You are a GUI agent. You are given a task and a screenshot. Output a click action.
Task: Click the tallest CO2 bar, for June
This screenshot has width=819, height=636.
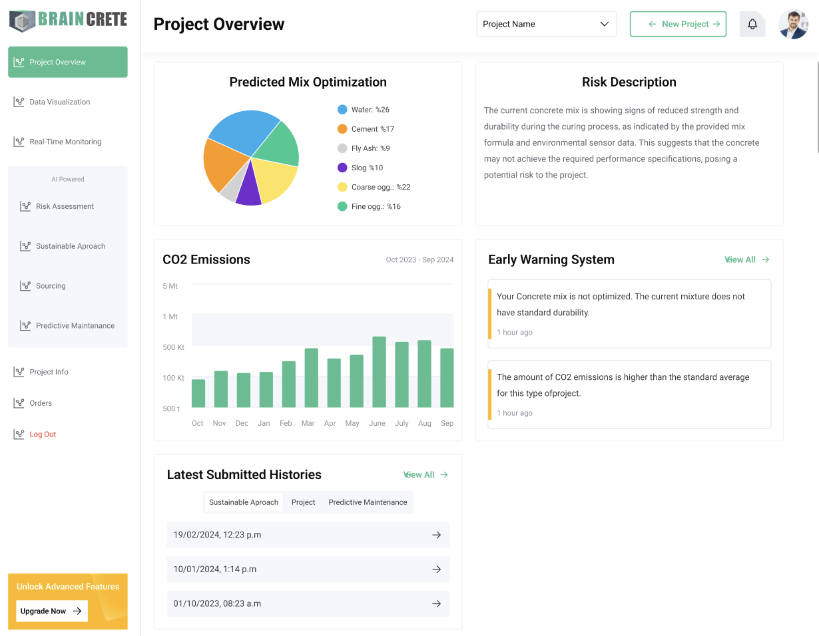(x=379, y=373)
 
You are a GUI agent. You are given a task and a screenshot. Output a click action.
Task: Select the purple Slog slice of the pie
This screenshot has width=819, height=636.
(x=248, y=187)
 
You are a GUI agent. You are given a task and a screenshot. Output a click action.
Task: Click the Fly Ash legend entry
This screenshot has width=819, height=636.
(x=370, y=148)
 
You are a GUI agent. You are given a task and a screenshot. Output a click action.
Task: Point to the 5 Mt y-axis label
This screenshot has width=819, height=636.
(x=170, y=286)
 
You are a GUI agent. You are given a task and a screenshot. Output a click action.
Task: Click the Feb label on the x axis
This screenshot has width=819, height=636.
(x=286, y=423)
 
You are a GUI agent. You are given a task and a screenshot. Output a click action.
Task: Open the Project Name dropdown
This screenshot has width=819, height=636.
(x=546, y=24)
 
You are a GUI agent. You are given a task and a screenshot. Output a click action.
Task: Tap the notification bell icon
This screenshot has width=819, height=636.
(x=752, y=24)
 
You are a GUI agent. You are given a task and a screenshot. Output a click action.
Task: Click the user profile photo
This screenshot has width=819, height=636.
(x=793, y=24)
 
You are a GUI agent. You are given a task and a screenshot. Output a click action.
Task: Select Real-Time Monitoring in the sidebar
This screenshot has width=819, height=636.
(x=65, y=142)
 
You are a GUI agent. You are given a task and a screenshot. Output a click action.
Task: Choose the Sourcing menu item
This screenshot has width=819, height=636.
(x=51, y=286)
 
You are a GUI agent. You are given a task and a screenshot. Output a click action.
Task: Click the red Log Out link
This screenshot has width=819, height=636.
(x=43, y=434)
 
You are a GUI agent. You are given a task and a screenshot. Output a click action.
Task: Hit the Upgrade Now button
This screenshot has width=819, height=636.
(x=51, y=611)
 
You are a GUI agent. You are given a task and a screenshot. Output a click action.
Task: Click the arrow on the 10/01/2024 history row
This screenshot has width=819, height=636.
(x=436, y=569)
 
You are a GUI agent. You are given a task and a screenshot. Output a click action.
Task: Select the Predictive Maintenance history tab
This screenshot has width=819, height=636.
(x=368, y=502)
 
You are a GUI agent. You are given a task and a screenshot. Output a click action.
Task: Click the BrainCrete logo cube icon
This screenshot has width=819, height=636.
(x=22, y=21)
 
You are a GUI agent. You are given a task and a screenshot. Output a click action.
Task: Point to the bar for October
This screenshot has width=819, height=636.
(x=198, y=393)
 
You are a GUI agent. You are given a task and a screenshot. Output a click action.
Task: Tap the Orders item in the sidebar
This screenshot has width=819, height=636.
(x=41, y=403)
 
